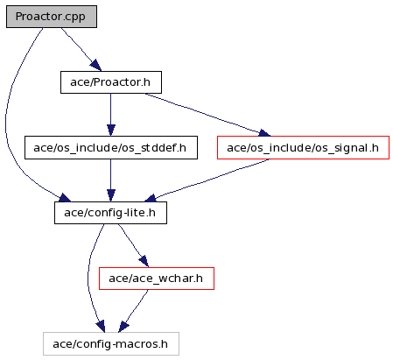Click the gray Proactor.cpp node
[x=52, y=17]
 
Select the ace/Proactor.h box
[x=111, y=82]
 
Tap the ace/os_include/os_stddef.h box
[x=111, y=147]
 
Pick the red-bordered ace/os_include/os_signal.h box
[x=303, y=147]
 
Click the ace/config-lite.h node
[x=110, y=213]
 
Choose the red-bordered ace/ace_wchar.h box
[x=157, y=279]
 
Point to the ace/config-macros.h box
[x=111, y=343]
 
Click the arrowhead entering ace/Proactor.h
[x=95, y=66]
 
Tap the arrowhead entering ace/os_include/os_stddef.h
[x=111, y=131]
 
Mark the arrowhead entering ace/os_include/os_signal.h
[x=264, y=133]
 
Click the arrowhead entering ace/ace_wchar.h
[x=144, y=261]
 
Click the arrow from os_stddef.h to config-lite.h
[x=111, y=180]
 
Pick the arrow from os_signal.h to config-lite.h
[x=207, y=180]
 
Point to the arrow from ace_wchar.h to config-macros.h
[x=133, y=311]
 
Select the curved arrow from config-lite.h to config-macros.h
[x=88, y=278]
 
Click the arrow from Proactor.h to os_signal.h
[x=207, y=115]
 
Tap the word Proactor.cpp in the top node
[x=51, y=17]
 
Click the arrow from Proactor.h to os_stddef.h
[x=111, y=115]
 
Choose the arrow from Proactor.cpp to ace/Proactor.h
[x=81, y=49]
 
